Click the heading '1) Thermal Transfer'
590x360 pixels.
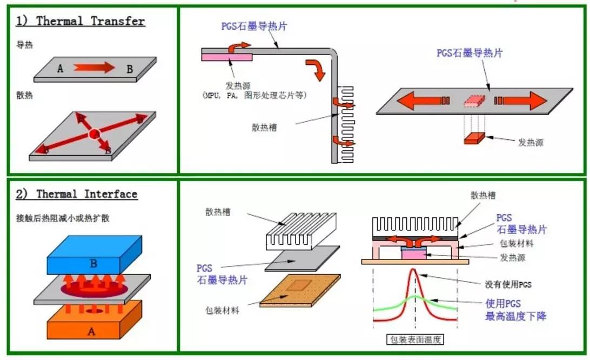(81, 21)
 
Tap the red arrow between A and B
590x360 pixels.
(94, 68)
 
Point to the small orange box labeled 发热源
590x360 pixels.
(474, 138)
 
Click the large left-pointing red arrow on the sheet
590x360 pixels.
(417, 101)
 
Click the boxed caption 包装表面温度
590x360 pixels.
(415, 340)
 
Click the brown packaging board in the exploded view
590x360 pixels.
(300, 289)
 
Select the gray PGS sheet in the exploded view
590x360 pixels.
(303, 259)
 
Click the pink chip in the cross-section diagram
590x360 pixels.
(413, 253)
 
